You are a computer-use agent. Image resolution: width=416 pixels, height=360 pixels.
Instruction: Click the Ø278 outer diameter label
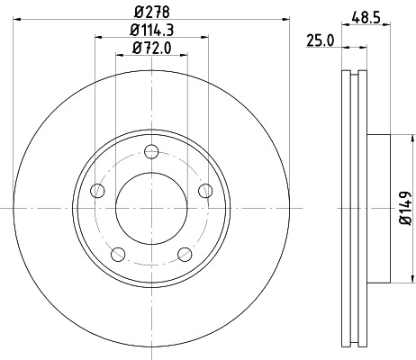click(x=151, y=13)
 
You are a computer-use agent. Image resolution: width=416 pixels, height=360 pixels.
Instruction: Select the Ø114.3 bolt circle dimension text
click(x=151, y=33)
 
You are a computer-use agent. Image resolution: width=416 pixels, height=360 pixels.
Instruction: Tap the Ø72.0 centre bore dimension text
click(x=151, y=51)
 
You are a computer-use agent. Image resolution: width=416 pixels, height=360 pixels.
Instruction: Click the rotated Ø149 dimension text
click(x=406, y=206)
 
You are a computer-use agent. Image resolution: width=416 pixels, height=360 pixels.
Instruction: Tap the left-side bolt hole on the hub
click(x=96, y=190)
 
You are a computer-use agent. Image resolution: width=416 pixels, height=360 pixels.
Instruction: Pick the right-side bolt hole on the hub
click(x=206, y=190)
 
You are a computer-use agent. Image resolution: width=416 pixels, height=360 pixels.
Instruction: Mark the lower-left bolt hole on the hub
click(x=117, y=255)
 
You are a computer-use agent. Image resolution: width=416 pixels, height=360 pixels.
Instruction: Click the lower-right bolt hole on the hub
click(x=185, y=255)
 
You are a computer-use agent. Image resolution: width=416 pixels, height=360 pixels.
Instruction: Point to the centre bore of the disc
click(x=151, y=207)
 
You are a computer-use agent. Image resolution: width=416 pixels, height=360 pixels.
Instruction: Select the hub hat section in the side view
click(x=378, y=207)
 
